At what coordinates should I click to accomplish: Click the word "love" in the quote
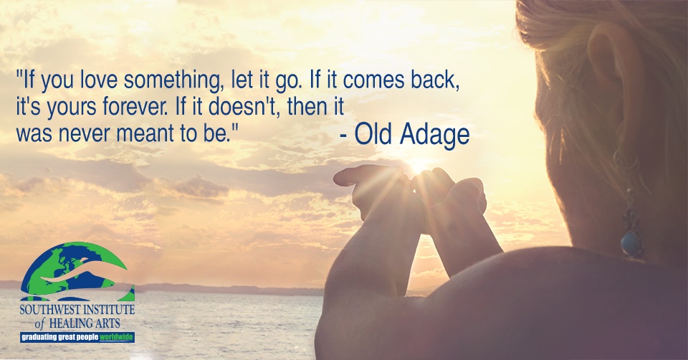97,80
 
